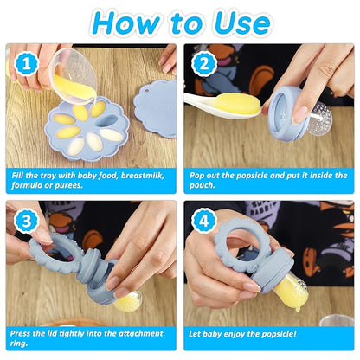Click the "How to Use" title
tap(180, 22)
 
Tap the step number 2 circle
tap(204, 62)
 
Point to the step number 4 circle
tap(204, 221)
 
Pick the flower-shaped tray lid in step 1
tap(156, 107)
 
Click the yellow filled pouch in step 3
tap(128, 300)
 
